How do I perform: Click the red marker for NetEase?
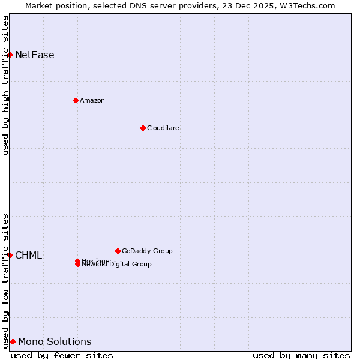10,55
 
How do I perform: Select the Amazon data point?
76,100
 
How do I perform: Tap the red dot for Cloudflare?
143,128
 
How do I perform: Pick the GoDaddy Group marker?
118,251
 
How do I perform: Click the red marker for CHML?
10,256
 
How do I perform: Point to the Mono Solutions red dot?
13,342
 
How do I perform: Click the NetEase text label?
35,55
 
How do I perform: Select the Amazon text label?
92,100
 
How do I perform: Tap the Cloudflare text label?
163,128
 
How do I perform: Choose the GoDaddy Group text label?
147,251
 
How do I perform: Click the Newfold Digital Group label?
118,265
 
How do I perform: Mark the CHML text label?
29,256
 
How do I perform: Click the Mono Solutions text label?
55,342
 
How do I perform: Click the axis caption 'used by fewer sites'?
62,355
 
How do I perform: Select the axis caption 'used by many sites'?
301,355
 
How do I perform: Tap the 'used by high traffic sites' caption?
5,85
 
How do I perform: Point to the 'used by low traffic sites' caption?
5,281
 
